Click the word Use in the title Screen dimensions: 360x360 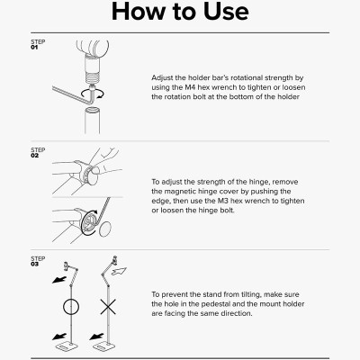coord(226,12)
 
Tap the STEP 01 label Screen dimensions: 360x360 coord(38,44)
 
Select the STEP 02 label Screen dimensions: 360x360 coord(38,153)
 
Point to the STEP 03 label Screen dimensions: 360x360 coord(38,261)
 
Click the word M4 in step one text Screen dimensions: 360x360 coord(190,87)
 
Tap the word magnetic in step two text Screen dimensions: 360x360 coord(180,192)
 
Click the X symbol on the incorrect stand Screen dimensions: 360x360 coord(108,307)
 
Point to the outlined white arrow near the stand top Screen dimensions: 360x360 coord(119,271)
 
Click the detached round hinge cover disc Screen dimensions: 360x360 coord(105,229)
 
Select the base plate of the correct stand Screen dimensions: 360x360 coord(67,347)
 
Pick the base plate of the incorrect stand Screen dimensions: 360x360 coord(103,347)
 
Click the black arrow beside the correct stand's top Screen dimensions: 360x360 coord(59,280)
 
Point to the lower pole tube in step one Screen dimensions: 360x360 coord(92,121)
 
